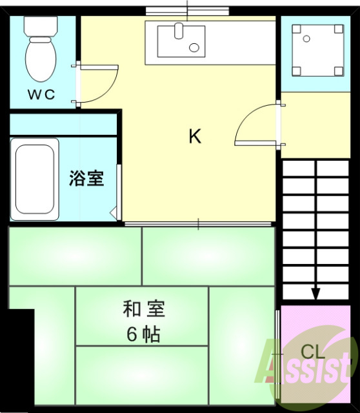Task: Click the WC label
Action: click(x=41, y=94)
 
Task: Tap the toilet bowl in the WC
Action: click(x=40, y=60)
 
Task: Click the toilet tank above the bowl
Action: click(x=40, y=26)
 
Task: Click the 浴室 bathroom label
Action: click(x=86, y=178)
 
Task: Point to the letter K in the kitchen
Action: click(x=194, y=137)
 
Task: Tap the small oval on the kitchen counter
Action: click(x=194, y=46)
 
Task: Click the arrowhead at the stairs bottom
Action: click(x=315, y=294)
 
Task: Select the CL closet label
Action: click(x=314, y=352)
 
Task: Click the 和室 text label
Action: click(x=144, y=309)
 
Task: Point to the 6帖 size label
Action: click(x=143, y=334)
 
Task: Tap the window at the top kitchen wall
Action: click(x=187, y=10)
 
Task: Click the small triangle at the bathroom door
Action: click(x=114, y=212)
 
